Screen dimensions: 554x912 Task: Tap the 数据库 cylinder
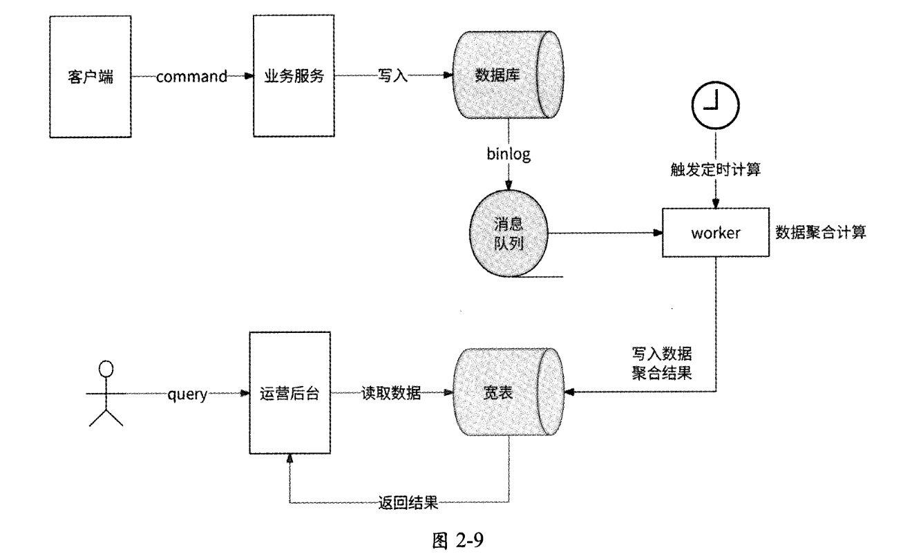(x=509, y=76)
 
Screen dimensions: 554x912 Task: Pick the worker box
(x=715, y=233)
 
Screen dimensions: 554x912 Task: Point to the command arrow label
(x=192, y=77)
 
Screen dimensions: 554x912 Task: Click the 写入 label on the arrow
(x=392, y=77)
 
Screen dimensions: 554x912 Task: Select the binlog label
(x=509, y=155)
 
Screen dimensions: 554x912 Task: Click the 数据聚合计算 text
(x=821, y=233)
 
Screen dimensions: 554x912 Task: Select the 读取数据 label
(x=391, y=393)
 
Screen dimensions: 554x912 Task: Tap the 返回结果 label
(x=408, y=502)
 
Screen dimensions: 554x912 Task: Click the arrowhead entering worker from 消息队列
(x=656, y=233)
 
